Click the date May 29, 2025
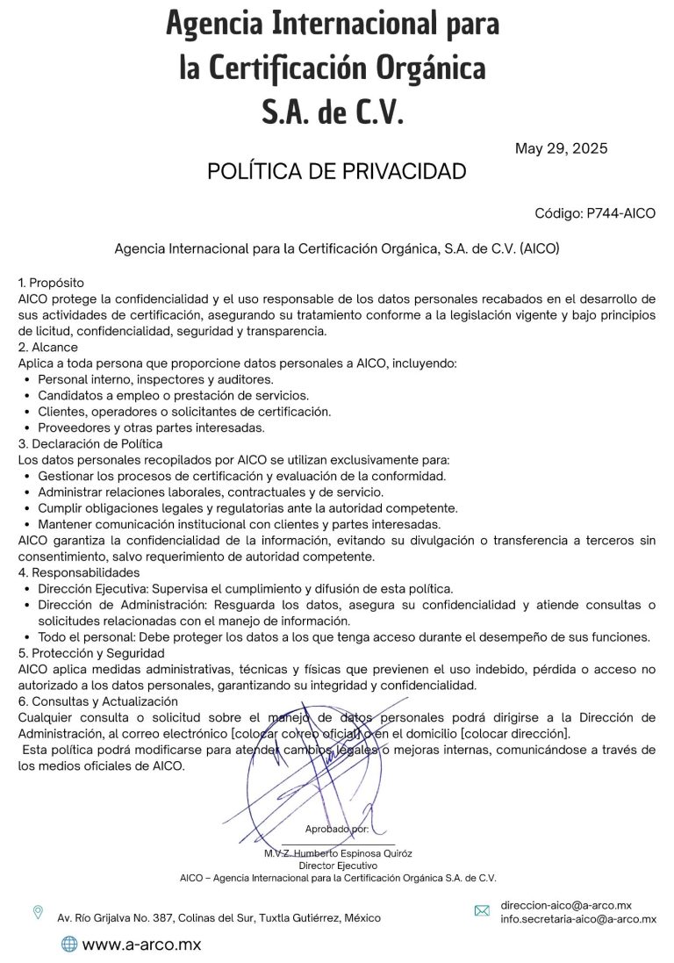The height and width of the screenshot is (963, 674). pos(561,148)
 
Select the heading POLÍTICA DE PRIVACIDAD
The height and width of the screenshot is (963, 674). pos(336,172)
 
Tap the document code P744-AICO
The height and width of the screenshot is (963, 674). pos(595,213)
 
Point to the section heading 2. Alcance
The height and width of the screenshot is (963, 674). pos(48,347)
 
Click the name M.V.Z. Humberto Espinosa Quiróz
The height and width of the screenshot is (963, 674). pos(338,853)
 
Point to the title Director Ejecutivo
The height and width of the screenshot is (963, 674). pos(338,866)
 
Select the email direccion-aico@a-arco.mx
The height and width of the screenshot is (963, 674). pos(566,905)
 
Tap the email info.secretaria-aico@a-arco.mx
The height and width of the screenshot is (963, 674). pos(578,919)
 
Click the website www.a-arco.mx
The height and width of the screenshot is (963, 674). pos(141,945)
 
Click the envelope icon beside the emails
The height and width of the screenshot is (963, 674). pos(482,911)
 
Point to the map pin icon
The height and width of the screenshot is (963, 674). pos(38,913)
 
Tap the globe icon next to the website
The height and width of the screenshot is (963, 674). pos(68,945)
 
